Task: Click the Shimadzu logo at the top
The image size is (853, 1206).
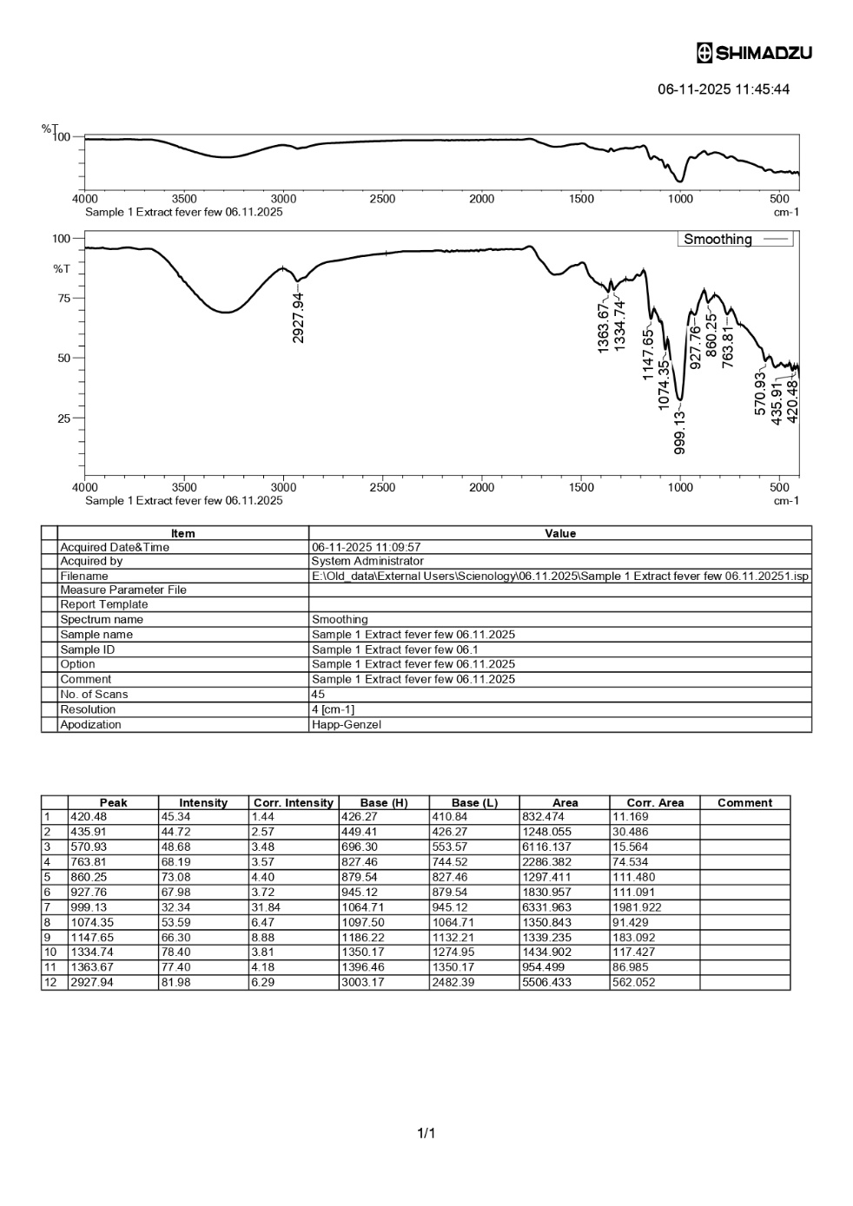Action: [x=754, y=53]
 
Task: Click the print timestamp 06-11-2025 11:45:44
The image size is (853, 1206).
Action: [x=723, y=89]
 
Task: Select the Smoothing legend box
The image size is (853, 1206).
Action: [x=735, y=239]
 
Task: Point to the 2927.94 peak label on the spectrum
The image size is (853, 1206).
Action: [x=299, y=317]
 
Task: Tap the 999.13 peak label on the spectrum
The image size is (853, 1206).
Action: [x=680, y=432]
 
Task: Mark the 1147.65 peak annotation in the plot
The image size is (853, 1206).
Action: [x=648, y=353]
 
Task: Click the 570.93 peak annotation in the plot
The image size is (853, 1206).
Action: [x=761, y=393]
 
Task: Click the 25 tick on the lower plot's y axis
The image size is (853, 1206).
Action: [x=62, y=418]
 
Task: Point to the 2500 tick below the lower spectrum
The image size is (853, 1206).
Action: [x=382, y=487]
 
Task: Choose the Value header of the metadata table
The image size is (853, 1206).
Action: [x=559, y=533]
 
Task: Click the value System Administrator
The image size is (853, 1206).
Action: [x=367, y=561]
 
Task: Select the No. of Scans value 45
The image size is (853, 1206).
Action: [x=318, y=695]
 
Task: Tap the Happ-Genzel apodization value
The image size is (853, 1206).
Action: [x=346, y=724]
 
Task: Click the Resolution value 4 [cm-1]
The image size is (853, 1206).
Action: [x=333, y=709]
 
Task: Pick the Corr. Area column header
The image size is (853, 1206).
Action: [x=655, y=803]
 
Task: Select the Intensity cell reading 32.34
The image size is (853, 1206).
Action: [x=175, y=907]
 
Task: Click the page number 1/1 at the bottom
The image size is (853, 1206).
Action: [x=426, y=1133]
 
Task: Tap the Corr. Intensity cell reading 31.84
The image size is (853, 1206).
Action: [x=267, y=907]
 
